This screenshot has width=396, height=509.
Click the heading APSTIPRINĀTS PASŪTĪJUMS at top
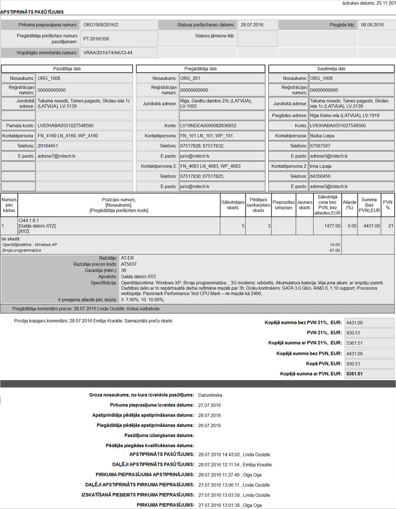[x=32, y=12]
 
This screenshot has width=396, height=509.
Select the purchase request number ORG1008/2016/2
[x=101, y=25]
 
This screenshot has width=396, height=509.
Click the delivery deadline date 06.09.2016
[x=372, y=25]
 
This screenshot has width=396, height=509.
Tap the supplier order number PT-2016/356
[x=96, y=39]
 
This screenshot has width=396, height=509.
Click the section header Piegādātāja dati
[x=201, y=69]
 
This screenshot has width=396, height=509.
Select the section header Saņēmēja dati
[x=331, y=69]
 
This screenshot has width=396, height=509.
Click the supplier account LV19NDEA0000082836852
[x=208, y=126]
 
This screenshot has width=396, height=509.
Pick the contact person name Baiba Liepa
[x=322, y=136]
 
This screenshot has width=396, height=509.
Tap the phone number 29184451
[x=48, y=146]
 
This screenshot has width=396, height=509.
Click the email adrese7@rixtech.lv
[x=56, y=156]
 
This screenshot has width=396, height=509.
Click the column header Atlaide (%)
[x=349, y=205]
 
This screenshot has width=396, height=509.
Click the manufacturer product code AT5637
[x=130, y=264]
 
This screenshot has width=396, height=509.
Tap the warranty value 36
[x=123, y=270]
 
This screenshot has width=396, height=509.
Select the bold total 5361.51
[x=354, y=374]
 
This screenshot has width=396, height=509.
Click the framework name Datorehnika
[x=210, y=395]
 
